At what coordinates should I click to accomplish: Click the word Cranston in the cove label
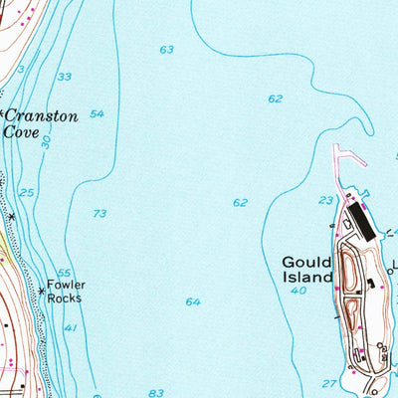(43, 115)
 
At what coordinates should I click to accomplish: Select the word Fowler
(67, 284)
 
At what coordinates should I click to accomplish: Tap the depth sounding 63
(166, 50)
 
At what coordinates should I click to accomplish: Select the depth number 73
(99, 214)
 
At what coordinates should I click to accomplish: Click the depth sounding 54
(97, 114)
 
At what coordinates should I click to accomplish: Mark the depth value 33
(65, 77)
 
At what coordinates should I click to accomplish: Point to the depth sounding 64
(192, 301)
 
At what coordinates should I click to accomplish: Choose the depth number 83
(154, 393)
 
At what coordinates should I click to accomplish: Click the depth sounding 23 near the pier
(325, 200)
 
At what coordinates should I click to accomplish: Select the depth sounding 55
(65, 273)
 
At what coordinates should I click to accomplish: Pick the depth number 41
(70, 327)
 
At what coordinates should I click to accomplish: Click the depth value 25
(27, 192)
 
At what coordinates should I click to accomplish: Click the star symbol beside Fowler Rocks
(42, 291)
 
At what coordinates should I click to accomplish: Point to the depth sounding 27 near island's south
(328, 382)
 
